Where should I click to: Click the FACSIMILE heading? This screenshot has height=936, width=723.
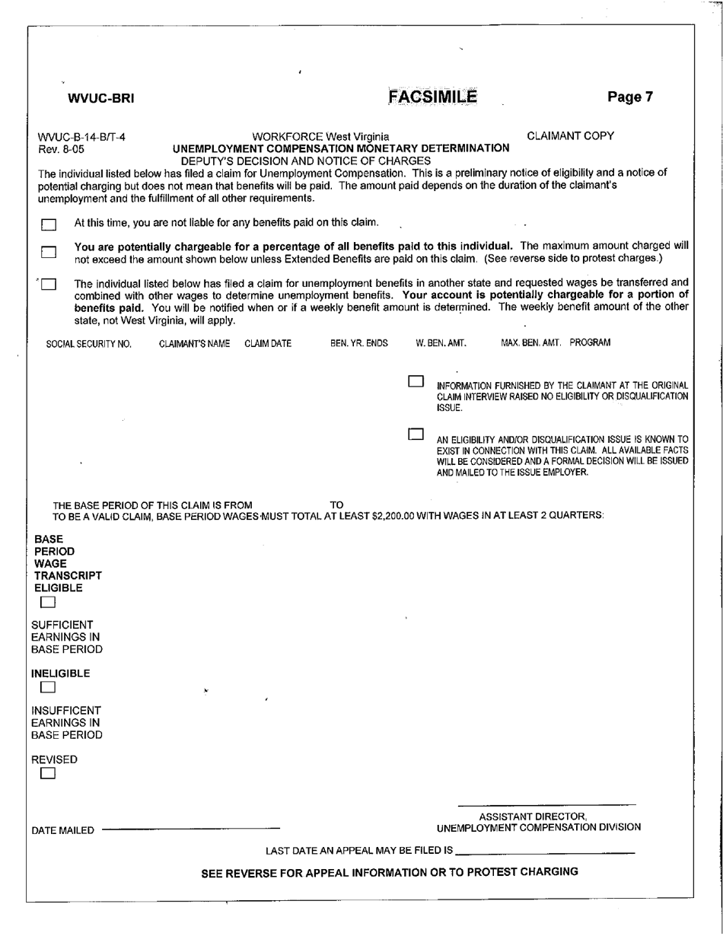[432, 97]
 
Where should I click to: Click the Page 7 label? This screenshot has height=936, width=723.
[630, 97]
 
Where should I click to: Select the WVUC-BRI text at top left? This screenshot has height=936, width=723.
[101, 97]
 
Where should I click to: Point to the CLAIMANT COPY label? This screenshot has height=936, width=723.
[570, 136]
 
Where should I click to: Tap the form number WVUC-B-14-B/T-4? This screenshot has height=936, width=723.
[82, 138]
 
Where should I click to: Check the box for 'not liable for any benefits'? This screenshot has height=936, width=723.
[49, 224]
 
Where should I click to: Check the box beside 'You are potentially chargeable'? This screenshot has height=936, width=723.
[49, 252]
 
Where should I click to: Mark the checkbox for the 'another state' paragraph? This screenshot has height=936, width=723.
[49, 285]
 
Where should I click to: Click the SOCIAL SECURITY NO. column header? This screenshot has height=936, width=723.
[89, 344]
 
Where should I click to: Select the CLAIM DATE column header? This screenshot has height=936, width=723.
[268, 344]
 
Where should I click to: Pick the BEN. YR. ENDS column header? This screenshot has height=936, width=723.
[358, 344]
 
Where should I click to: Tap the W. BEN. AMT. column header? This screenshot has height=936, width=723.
[441, 344]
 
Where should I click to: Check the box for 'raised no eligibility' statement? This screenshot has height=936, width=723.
[416, 380]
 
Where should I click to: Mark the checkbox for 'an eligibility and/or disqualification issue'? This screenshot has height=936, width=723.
[416, 435]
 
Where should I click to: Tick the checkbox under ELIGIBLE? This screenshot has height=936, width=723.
[48, 603]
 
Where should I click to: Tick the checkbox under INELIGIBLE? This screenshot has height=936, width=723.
[48, 688]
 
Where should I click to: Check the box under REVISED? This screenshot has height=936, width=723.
[48, 774]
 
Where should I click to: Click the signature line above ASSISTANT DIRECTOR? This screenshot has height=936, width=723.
[546, 805]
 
